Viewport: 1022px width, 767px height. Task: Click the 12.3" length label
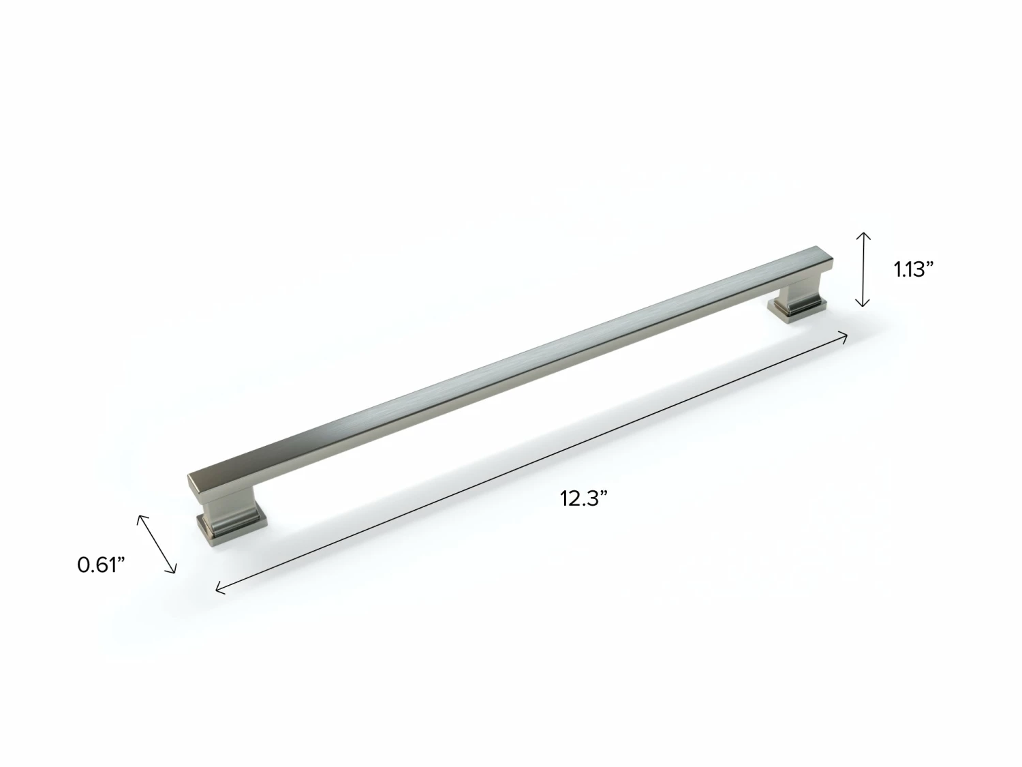click(x=583, y=498)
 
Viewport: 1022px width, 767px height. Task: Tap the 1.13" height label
click(x=913, y=269)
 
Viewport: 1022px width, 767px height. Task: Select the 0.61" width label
click(x=102, y=565)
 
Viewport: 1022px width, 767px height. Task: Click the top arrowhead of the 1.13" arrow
click(x=863, y=233)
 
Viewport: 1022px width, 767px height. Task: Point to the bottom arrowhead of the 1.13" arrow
click(x=863, y=305)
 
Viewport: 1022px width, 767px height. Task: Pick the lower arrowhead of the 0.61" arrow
click(x=175, y=571)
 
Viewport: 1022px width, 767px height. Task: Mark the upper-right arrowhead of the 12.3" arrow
click(x=846, y=334)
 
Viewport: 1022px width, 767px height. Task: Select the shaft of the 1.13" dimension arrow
click(x=863, y=269)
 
